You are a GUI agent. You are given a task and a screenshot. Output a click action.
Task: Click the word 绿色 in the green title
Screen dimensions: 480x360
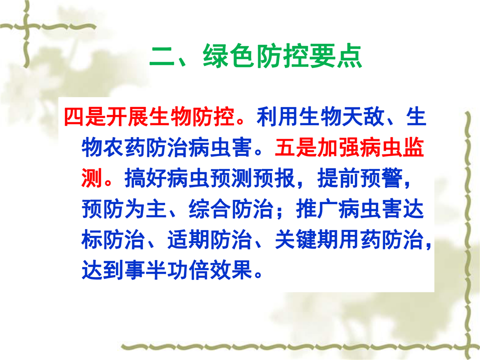pyautogui.click(x=229, y=55)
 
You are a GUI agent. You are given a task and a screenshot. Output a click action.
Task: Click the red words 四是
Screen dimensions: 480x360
pyautogui.click(x=85, y=116)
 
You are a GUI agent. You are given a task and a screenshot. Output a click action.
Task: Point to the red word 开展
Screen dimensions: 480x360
pyautogui.click(x=127, y=116)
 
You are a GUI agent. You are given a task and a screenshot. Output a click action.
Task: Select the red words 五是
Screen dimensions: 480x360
pyautogui.click(x=296, y=147)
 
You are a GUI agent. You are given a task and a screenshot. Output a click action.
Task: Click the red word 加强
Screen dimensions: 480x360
pyautogui.click(x=339, y=147)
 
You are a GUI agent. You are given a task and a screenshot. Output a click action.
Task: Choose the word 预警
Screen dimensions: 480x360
pyautogui.click(x=381, y=178)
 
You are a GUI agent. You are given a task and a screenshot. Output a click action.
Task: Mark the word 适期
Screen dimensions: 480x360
pyautogui.click(x=188, y=239)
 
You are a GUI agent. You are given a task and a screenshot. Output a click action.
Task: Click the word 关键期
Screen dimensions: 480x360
pyautogui.click(x=306, y=239)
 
